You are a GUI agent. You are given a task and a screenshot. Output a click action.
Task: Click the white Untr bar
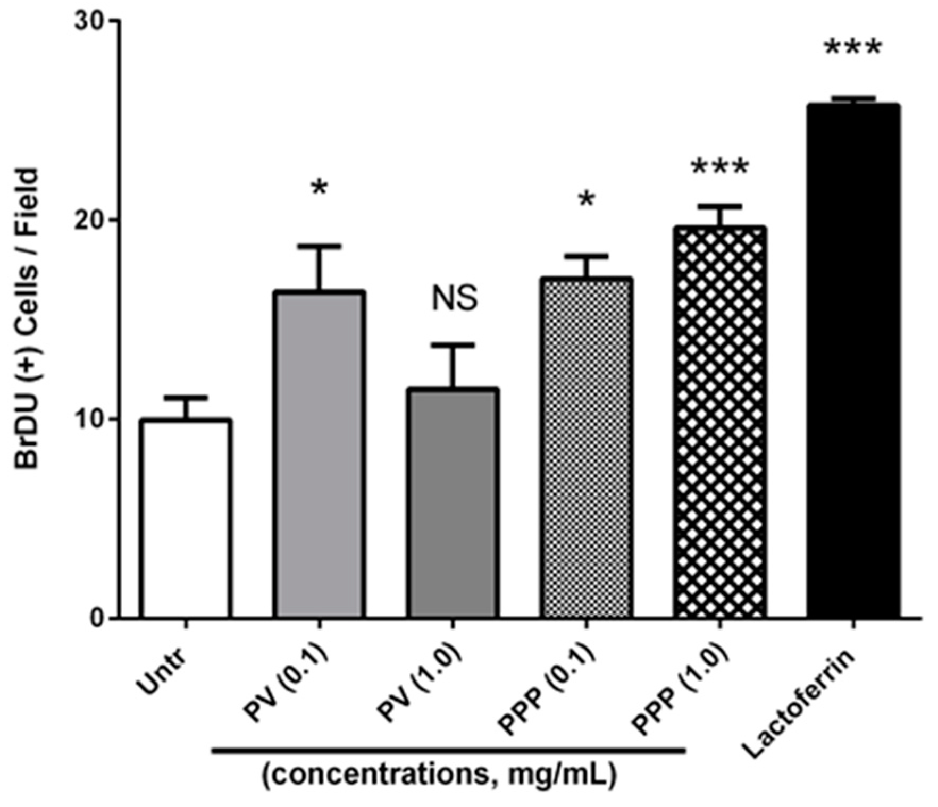186,518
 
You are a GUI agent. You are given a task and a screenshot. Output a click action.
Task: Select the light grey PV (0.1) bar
319,455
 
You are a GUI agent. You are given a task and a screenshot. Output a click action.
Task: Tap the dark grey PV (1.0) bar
453,503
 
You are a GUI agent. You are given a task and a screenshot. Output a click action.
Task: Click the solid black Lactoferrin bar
853,362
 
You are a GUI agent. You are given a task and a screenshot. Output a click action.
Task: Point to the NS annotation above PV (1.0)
454,298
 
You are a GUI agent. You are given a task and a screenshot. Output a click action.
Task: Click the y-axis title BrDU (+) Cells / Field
27,319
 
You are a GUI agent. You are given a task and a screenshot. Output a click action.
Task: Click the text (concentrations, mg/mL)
439,776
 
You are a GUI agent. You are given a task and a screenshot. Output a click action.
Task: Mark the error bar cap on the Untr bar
186,397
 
